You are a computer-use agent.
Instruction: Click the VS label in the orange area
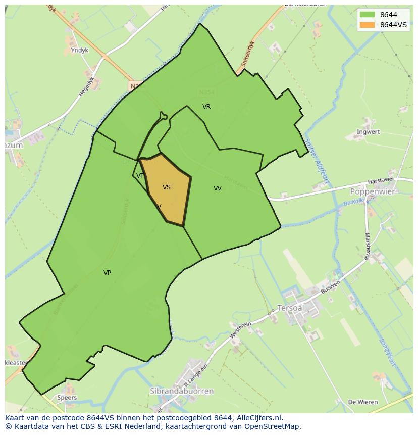pyautogui.click(x=167, y=187)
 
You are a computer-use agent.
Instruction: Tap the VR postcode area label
pyautogui.click(x=206, y=107)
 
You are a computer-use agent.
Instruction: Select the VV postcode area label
pyautogui.click(x=218, y=188)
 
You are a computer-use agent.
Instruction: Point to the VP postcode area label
pyautogui.click(x=107, y=273)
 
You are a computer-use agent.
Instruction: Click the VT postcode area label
pyautogui.click(x=140, y=176)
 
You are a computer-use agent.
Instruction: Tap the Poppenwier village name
pyautogui.click(x=373, y=192)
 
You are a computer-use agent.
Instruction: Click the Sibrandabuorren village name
pyautogui.click(x=182, y=391)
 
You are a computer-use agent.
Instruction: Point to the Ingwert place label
pyautogui.click(x=368, y=132)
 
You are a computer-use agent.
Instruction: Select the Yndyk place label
pyautogui.click(x=80, y=51)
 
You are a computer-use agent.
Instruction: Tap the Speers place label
pyautogui.click(x=67, y=398)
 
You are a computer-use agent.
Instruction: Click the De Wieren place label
pyautogui.click(x=363, y=402)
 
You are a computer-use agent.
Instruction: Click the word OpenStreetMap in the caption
pyautogui.click(x=273, y=426)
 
